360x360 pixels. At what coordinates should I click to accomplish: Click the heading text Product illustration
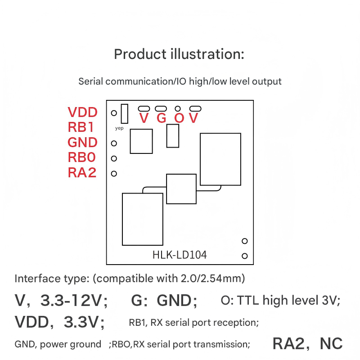pos(179,54)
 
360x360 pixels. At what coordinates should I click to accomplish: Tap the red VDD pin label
pos(82,112)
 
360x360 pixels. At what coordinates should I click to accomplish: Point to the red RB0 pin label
pos(81,157)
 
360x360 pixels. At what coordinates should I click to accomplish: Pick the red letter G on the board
pos(162,118)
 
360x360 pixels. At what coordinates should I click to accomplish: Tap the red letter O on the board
pos(179,118)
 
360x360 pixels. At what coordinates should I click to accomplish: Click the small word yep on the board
pos(119,128)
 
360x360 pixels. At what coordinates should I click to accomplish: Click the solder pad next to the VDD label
pos(114,113)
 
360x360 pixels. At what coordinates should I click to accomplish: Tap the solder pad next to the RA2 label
pos(114,173)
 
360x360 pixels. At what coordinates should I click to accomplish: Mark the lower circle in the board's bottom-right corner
pos(245,256)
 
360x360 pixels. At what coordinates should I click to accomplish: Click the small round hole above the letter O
pos(178,108)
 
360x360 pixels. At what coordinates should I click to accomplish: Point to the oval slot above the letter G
pos(161,108)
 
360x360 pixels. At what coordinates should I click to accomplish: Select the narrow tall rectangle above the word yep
pos(125,113)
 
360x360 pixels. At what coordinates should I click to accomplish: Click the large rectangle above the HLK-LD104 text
pos(143,219)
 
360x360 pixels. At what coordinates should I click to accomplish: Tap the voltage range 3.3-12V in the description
pos(74,300)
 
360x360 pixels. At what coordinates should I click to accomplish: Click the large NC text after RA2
pos(331,344)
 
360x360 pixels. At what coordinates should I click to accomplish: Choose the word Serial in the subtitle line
pos(90,81)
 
